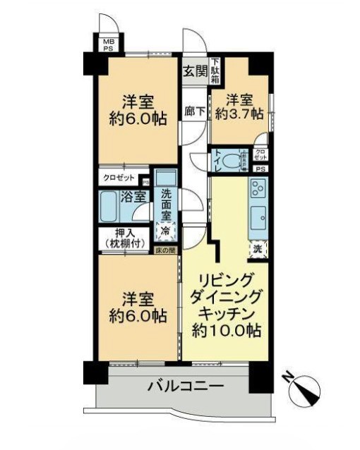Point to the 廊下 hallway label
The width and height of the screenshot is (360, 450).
(193, 111)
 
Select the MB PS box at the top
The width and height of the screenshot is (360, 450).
(109, 46)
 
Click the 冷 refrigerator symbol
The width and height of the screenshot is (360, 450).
(167, 230)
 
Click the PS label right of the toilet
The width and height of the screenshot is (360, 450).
(260, 169)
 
